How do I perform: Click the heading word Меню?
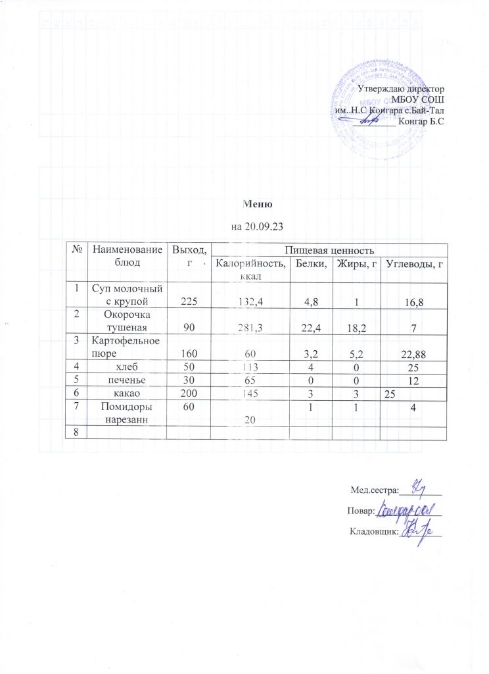[253, 204]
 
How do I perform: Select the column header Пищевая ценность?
[329, 249]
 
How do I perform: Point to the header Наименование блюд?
[128, 255]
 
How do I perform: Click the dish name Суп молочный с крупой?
[129, 295]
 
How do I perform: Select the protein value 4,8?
[311, 301]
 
